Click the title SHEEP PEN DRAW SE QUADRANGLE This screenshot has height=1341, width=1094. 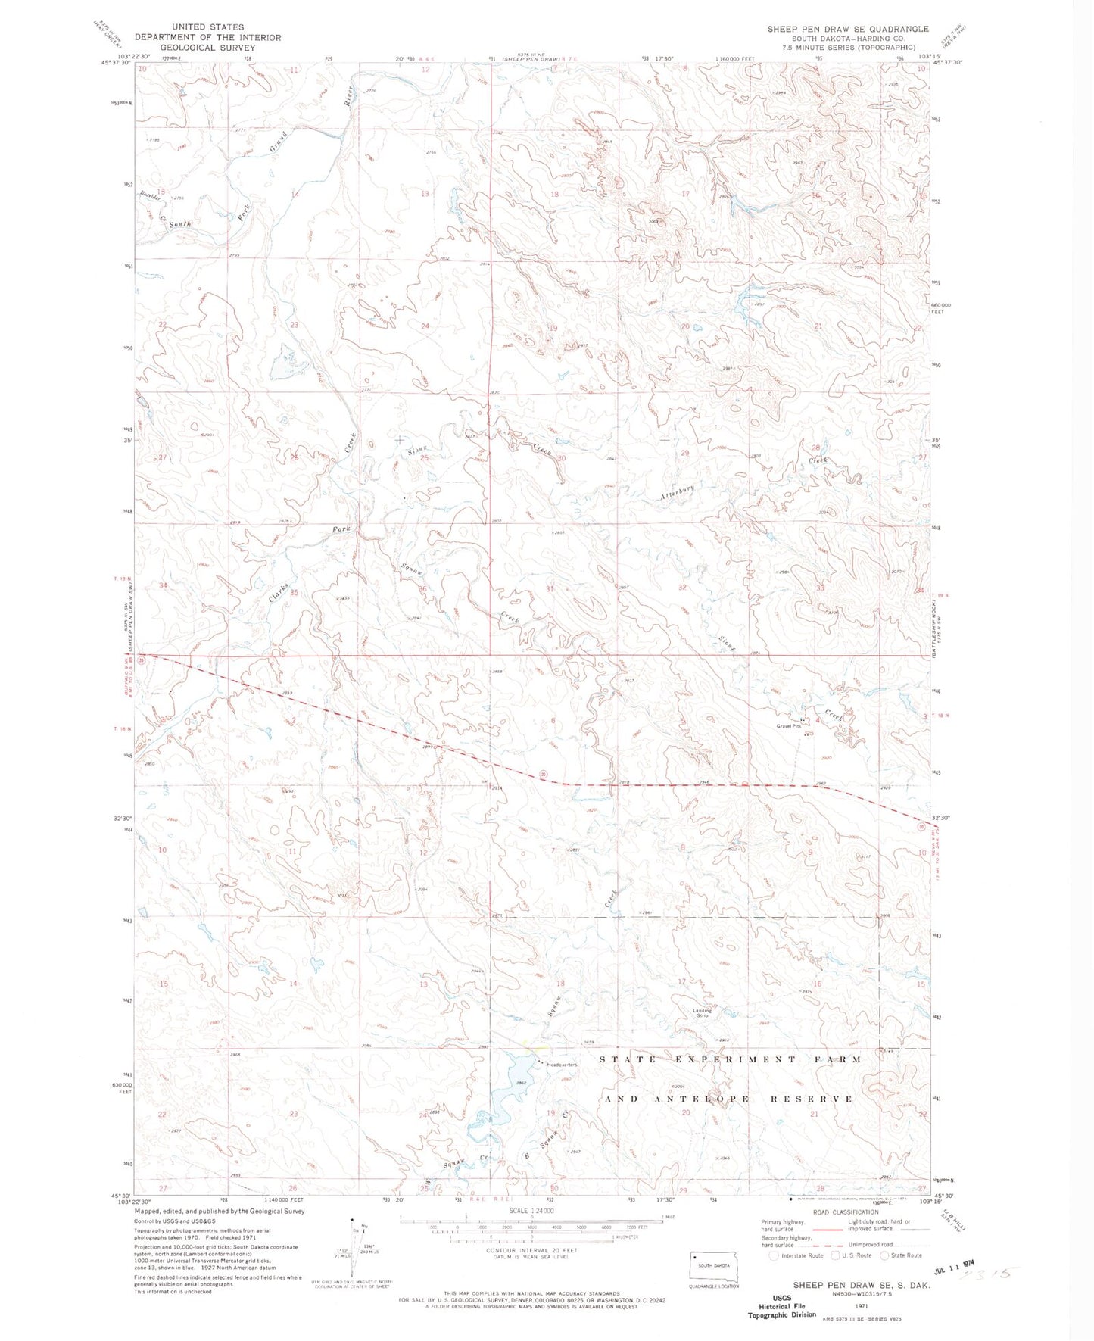[848, 29]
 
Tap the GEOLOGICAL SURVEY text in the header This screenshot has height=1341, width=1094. [195, 47]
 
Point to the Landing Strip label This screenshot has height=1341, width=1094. [702, 1012]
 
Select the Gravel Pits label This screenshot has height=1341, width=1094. [787, 726]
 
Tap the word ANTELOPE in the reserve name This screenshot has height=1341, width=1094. [711, 1099]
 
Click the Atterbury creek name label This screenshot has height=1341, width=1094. [677, 492]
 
